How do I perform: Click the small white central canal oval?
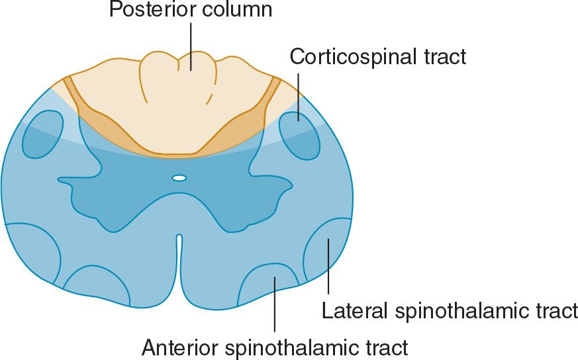click(179, 177)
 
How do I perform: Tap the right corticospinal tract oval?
click(299, 136)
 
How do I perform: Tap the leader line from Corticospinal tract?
click(298, 93)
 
